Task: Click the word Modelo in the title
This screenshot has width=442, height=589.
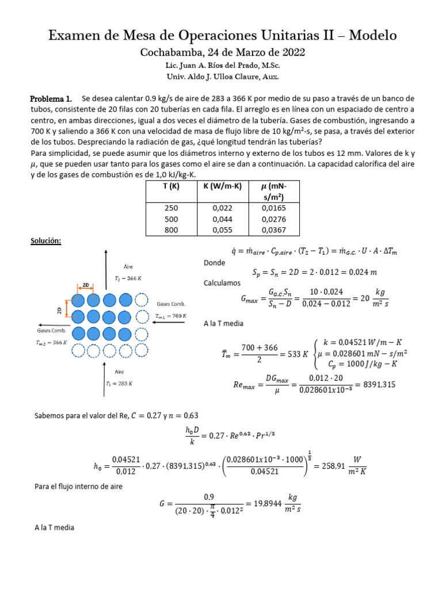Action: pos(368,35)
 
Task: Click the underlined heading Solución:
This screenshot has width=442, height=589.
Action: pos(45,242)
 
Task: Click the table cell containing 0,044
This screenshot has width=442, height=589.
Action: pos(220,219)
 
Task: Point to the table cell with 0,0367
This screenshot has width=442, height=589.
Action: pos(271,229)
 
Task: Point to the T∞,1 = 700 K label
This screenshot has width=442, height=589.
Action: pos(171,316)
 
